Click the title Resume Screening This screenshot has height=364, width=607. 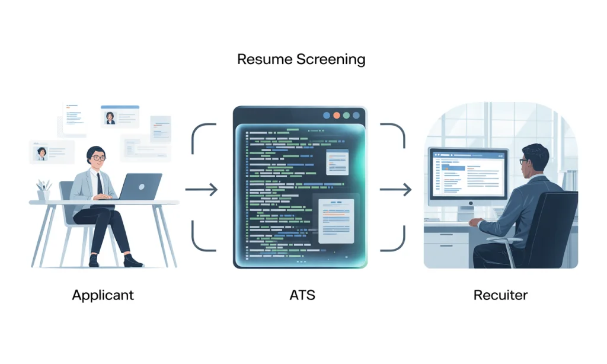301,59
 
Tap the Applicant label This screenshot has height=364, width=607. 103,295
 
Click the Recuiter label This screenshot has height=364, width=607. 500,295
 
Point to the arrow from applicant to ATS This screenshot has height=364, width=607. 202,190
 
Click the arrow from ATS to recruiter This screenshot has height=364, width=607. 395,190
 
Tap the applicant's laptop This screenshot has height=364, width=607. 140,187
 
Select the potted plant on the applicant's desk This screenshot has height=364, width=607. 43,190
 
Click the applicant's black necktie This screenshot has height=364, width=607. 100,183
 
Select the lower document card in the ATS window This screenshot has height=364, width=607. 336,221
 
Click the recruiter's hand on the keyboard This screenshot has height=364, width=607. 475,223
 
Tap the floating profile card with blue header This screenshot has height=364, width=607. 120,116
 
